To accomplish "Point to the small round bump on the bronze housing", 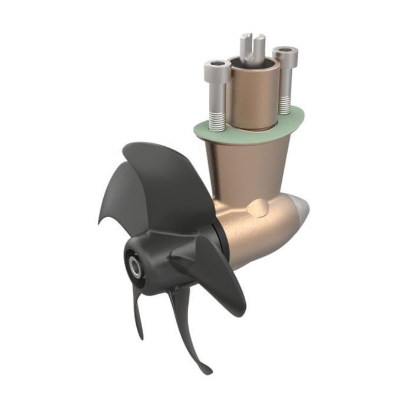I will tap(257, 208).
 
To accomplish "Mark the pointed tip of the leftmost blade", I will tap(100, 222).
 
